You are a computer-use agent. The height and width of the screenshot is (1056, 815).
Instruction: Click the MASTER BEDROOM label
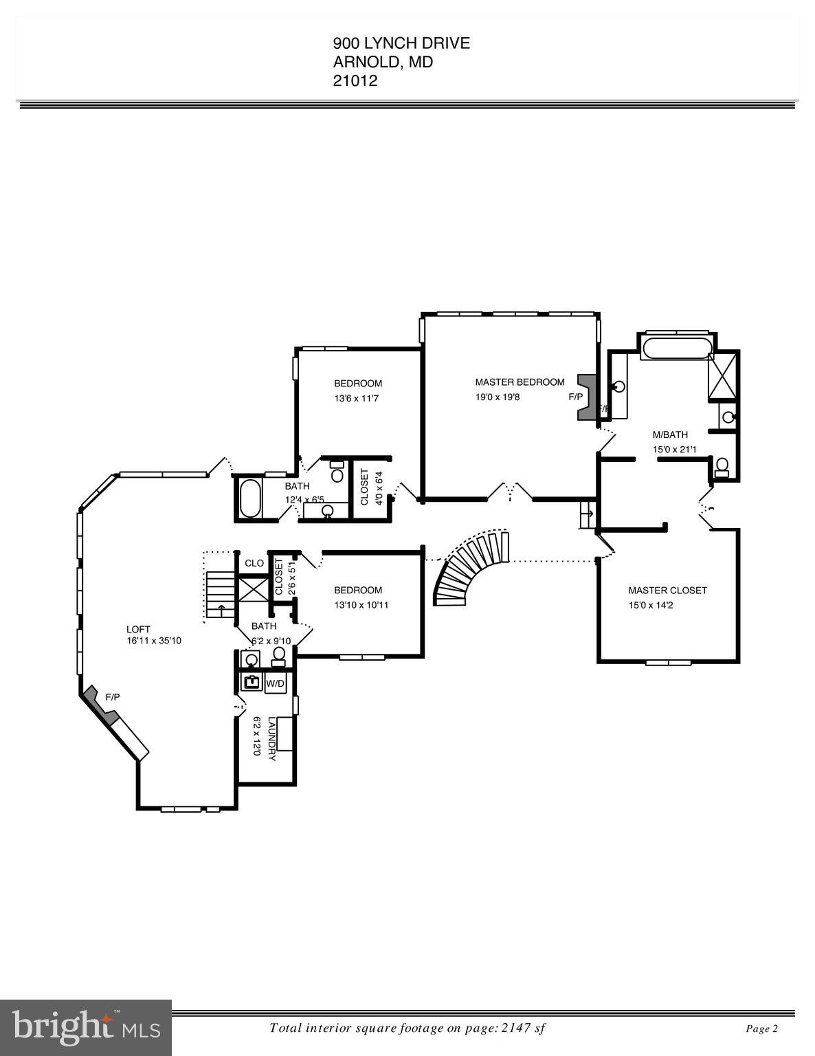point(520,382)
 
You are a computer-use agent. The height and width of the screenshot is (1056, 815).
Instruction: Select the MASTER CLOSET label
point(667,591)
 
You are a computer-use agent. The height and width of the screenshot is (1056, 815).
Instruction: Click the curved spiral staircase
point(470,566)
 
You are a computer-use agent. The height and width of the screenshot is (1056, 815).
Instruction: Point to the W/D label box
point(275,683)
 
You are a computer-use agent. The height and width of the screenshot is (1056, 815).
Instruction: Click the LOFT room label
point(138,629)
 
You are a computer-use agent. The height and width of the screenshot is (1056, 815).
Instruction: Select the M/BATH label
point(670,434)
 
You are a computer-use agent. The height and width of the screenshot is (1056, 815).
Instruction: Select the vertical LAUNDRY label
point(272,738)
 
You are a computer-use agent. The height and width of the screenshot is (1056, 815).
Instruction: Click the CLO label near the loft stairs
point(254,563)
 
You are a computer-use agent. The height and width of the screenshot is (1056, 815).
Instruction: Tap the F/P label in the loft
point(113,697)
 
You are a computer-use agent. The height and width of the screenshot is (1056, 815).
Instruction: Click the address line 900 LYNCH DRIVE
point(401,43)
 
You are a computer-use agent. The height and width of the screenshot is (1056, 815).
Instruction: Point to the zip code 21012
point(355,80)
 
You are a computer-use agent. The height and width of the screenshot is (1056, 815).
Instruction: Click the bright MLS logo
point(86,1028)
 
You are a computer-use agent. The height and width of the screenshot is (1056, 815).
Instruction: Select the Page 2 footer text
point(761,1029)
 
